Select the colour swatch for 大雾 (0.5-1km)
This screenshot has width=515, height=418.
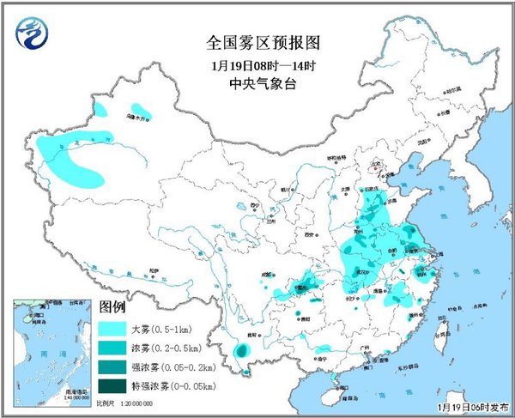pyautogui.click(x=113, y=328)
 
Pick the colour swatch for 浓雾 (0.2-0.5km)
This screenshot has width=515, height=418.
pyautogui.click(x=113, y=347)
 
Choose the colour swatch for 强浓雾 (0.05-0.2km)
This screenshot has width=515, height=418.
pyautogui.click(x=113, y=366)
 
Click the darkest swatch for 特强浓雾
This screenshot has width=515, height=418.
pyautogui.click(x=113, y=385)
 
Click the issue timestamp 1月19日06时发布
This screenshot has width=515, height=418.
pyautogui.click(x=471, y=405)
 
